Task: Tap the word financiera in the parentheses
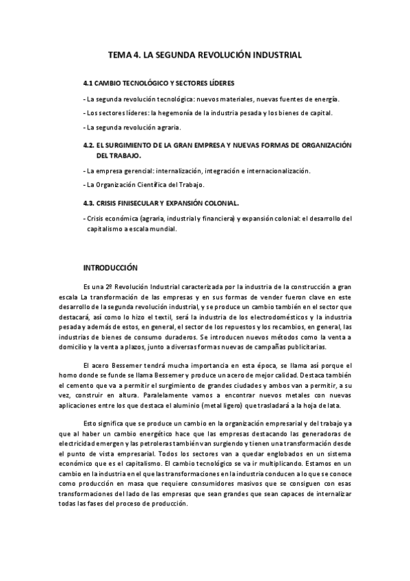coord(216,219)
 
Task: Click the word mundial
coord(164,230)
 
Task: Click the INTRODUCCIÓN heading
coord(110,268)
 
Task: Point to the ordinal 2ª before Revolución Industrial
coord(126,284)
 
